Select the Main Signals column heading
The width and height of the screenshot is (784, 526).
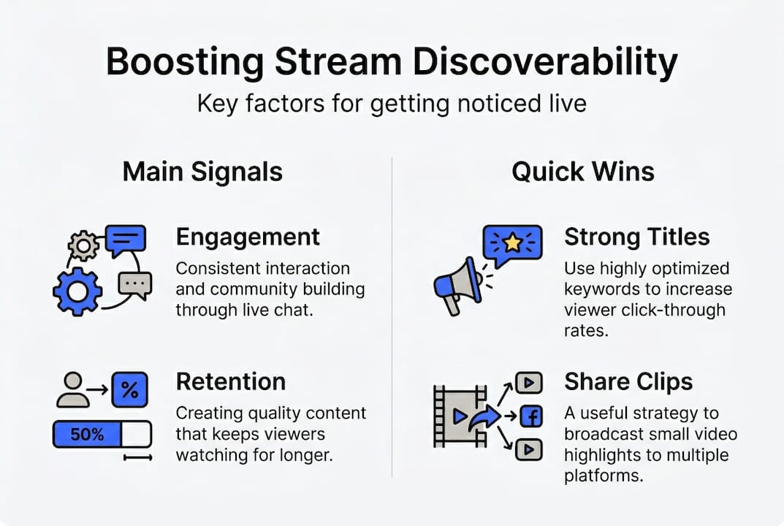202,172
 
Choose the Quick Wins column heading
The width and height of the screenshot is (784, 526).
582,172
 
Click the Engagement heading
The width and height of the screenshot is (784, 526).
248,237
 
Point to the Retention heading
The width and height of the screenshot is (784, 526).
230,381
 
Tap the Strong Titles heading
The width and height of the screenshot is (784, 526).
636,237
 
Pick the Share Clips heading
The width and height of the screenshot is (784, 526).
628,381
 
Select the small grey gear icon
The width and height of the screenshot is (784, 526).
83,246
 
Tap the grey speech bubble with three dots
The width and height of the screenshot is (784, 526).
134,283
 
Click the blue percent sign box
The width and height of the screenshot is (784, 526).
129,390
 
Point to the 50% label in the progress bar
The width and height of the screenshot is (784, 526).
86,435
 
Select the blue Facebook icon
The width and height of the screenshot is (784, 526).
530,416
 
